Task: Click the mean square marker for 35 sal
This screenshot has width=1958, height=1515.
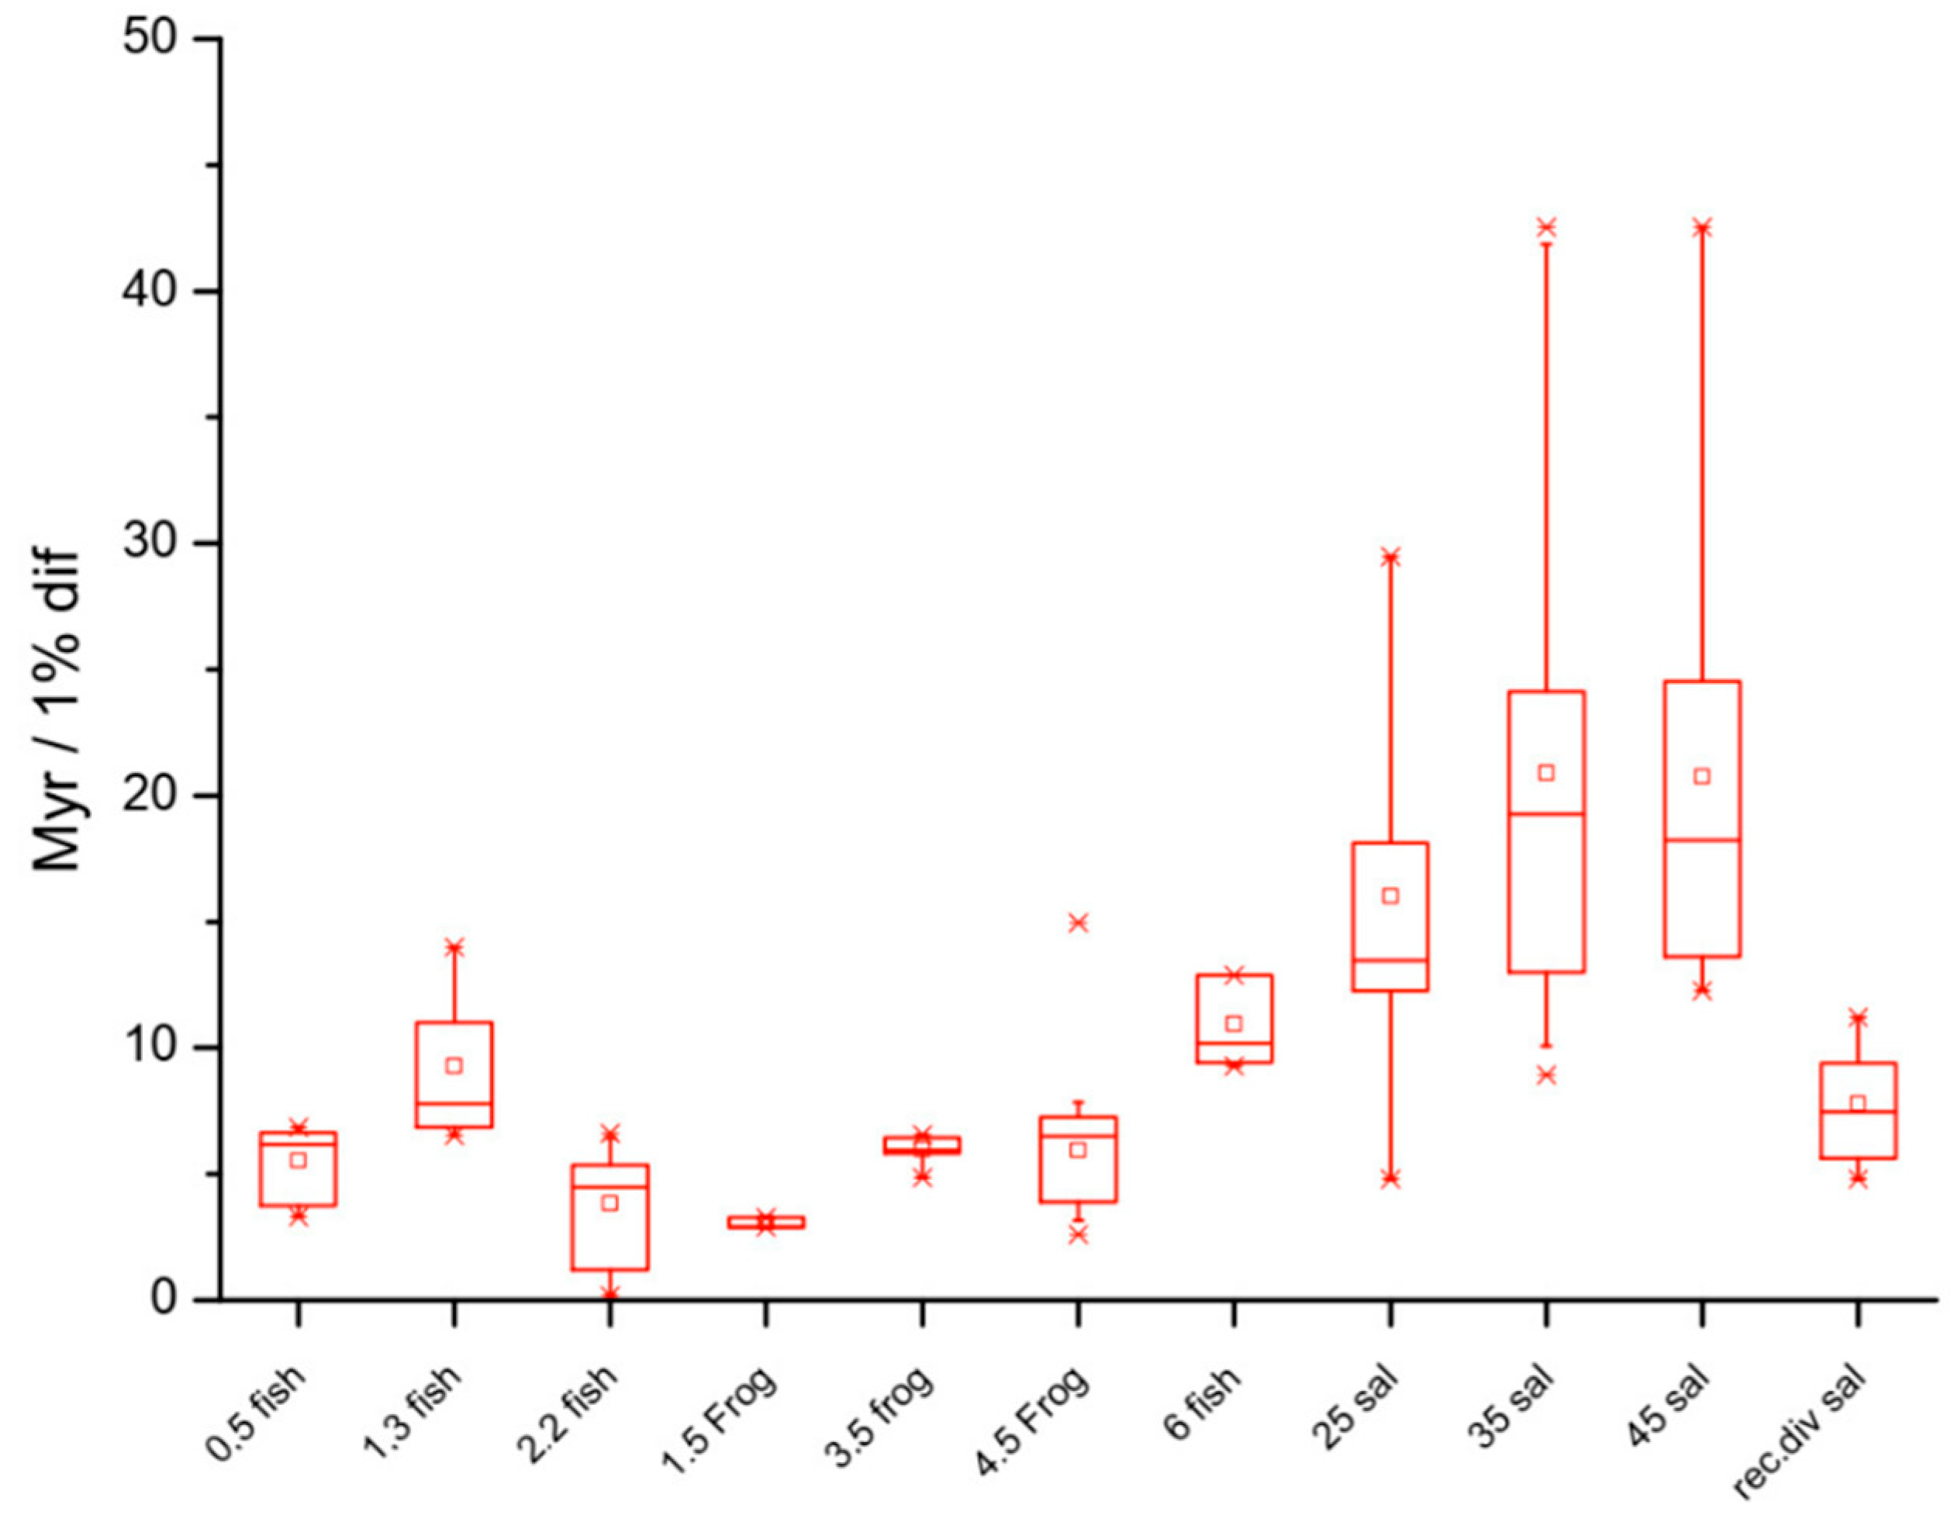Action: [1546, 773]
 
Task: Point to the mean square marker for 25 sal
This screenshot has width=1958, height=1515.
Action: [1390, 896]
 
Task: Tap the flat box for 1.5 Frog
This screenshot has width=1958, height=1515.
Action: [765, 1223]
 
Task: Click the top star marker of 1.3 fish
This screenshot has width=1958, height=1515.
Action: [454, 947]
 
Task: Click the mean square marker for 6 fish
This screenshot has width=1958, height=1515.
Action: [1234, 1023]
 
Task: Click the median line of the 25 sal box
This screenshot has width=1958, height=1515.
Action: [1390, 960]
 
